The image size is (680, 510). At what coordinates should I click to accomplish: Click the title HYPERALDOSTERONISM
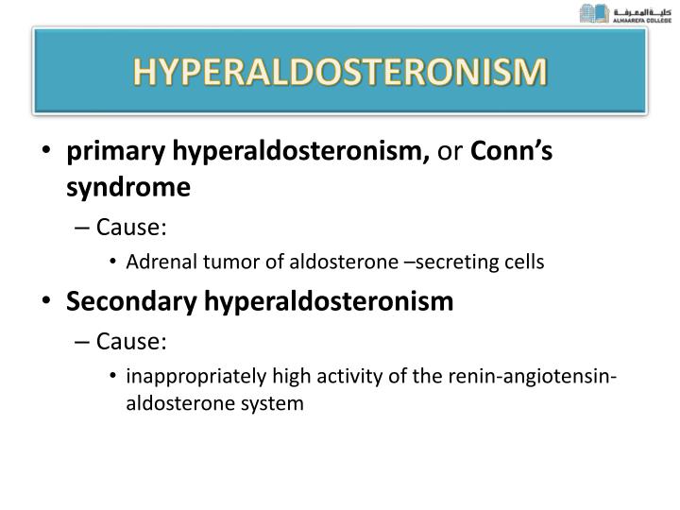pyautogui.click(x=340, y=73)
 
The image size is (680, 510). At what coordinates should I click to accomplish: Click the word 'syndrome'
pyautogui.click(x=128, y=189)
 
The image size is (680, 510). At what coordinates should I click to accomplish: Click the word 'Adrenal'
pyautogui.click(x=155, y=263)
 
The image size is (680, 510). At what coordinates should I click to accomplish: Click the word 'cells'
pyautogui.click(x=524, y=263)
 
